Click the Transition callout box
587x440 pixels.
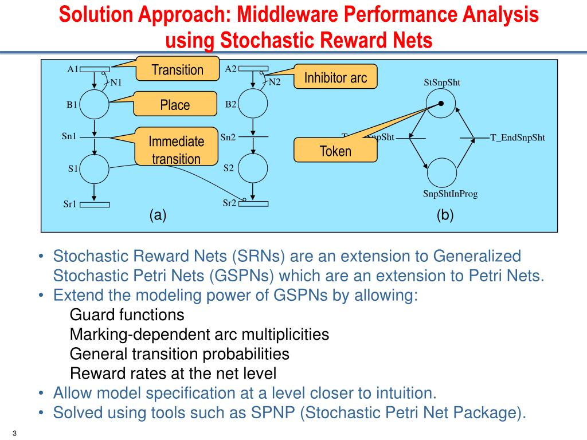pyautogui.click(x=177, y=69)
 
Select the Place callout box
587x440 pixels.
pyautogui.click(x=175, y=105)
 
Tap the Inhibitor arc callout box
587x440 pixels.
pyautogui.click(x=335, y=77)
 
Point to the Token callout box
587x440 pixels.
pyautogui.click(x=335, y=151)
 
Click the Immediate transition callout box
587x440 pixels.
pyautogui.click(x=177, y=150)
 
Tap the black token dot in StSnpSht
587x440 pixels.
pyautogui.click(x=441, y=104)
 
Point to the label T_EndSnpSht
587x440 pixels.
pyautogui.click(x=517, y=137)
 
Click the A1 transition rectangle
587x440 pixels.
pyautogui.click(x=94, y=70)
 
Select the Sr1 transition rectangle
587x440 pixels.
pyautogui.click(x=94, y=205)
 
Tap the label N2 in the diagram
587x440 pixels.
pyautogui.click(x=275, y=82)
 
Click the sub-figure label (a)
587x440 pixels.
pyautogui.click(x=158, y=215)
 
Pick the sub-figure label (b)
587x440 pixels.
pyautogui.click(x=444, y=215)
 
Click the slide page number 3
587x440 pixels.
pyautogui.click(x=13, y=432)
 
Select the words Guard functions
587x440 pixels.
pyautogui.click(x=127, y=315)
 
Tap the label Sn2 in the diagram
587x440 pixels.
pyautogui.click(x=228, y=137)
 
